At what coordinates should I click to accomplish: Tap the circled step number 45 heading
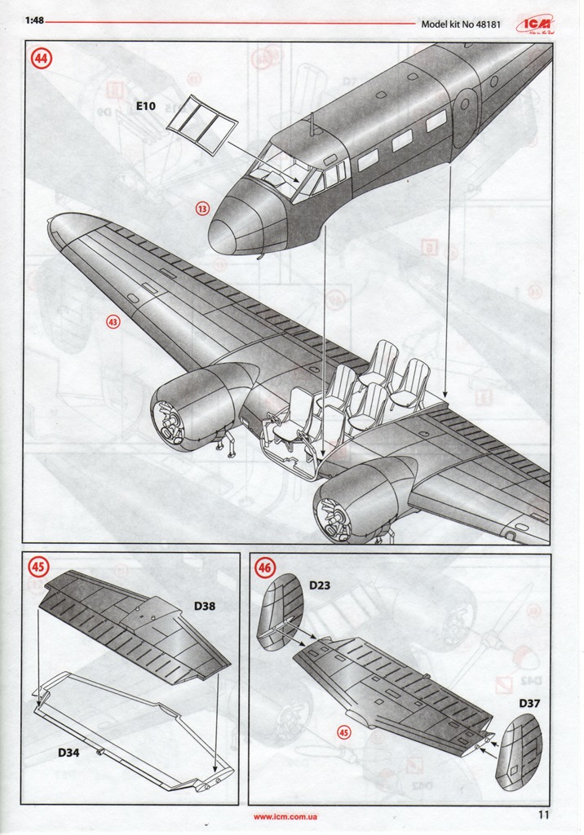tap(38, 566)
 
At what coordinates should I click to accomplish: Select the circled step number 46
tap(265, 567)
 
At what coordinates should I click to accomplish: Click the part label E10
tap(146, 106)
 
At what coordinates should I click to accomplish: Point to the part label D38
tap(206, 606)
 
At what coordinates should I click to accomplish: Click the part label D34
tap(69, 753)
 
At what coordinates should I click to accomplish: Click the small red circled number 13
tap(201, 209)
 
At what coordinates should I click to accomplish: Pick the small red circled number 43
tap(113, 322)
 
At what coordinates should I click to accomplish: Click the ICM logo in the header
tap(534, 24)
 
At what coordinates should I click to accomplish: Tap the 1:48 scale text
tap(35, 21)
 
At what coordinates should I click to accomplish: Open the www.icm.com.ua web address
tap(285, 816)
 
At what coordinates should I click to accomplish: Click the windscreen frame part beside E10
tap(201, 125)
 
